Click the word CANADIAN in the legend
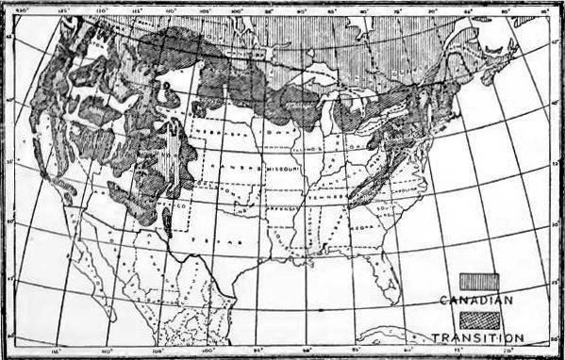[x=477, y=300]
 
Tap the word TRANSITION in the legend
[x=478, y=336]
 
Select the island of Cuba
[x=415, y=332]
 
